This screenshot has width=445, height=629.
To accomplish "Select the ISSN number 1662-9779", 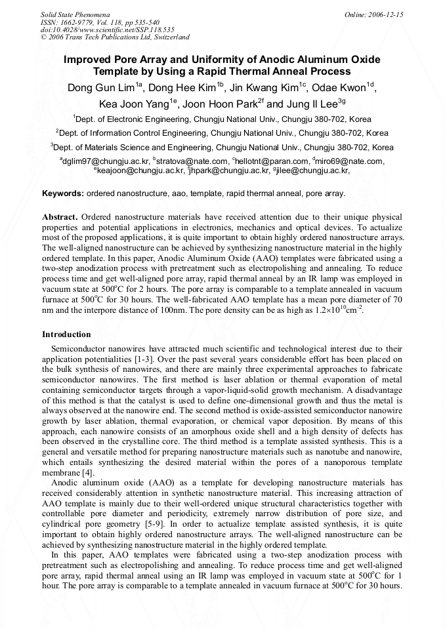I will point(78,22).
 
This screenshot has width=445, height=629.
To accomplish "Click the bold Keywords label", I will point(63,193).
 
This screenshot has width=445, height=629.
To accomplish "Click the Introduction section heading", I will point(66,335).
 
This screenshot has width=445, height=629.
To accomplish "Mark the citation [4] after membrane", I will point(86,473).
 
